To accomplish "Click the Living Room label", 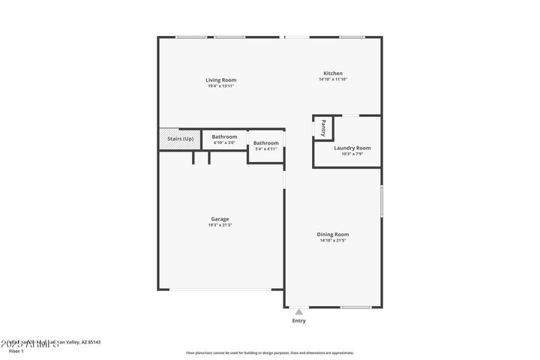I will [x=221, y=79].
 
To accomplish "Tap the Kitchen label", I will [x=332, y=73].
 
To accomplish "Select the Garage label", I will [x=220, y=219].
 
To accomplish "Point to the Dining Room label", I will [x=332, y=234].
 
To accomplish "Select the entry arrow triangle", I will [x=298, y=311].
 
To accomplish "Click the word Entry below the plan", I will [x=298, y=321].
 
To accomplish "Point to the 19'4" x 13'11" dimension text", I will [x=221, y=85].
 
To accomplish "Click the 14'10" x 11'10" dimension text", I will [x=332, y=79].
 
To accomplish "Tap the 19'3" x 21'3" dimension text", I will [x=220, y=225].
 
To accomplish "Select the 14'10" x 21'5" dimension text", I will [x=332, y=240].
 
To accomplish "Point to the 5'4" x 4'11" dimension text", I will [x=265, y=148].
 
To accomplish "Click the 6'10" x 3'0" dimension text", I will [x=224, y=142].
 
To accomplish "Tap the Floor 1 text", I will [x=16, y=350].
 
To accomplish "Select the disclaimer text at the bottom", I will [x=269, y=352].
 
